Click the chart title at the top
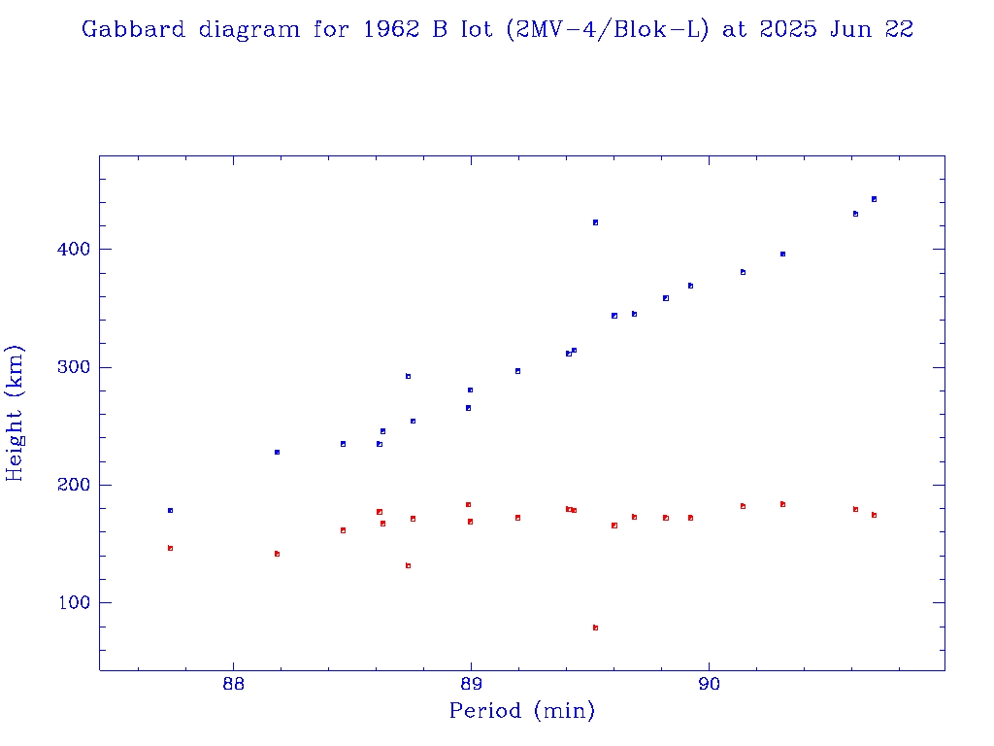497,29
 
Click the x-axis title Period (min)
521,712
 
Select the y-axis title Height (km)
15,413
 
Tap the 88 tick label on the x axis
233,684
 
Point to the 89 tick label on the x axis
471,684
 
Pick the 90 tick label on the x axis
709,684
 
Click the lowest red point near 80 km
595,627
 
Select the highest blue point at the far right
874,199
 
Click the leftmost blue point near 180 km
170,510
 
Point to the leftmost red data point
170,548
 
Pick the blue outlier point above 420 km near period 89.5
595,222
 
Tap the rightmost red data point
874,515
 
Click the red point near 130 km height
408,565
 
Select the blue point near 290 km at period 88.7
408,376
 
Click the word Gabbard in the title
133,29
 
